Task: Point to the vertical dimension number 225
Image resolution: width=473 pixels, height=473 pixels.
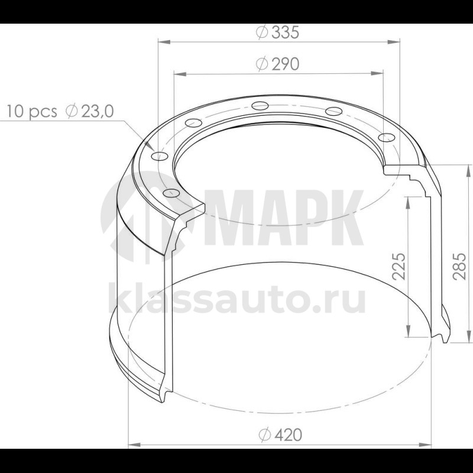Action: pyautogui.click(x=399, y=265)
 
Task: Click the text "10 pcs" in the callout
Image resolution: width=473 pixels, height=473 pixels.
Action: pyautogui.click(x=32, y=111)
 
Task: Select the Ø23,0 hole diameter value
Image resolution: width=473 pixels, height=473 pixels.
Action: pyautogui.click(x=90, y=111)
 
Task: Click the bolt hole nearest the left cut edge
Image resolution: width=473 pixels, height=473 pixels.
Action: pyautogui.click(x=170, y=193)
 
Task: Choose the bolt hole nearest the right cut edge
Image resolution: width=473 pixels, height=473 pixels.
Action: pyautogui.click(x=386, y=137)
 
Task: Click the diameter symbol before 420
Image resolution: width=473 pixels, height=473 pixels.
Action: pyautogui.click(x=264, y=435)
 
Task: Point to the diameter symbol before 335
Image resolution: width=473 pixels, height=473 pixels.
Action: pyautogui.click(x=263, y=33)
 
